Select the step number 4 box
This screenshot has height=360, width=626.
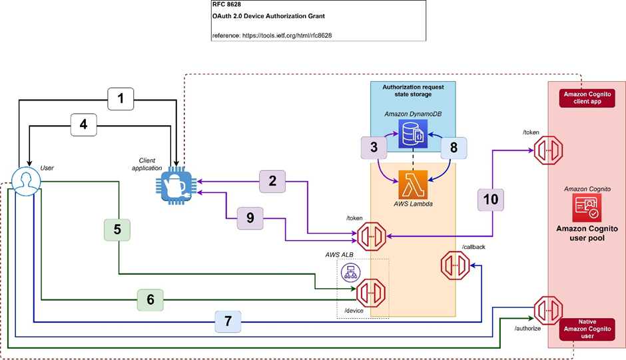pyautogui.click(x=84, y=124)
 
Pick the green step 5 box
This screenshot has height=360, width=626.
pyautogui.click(x=117, y=230)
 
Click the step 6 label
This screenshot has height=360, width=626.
pyautogui.click(x=151, y=300)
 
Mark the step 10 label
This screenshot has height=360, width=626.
pyautogui.click(x=491, y=199)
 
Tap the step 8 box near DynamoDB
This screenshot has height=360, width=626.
pyautogui.click(x=454, y=147)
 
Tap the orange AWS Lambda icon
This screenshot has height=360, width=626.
pyautogui.click(x=413, y=182)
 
